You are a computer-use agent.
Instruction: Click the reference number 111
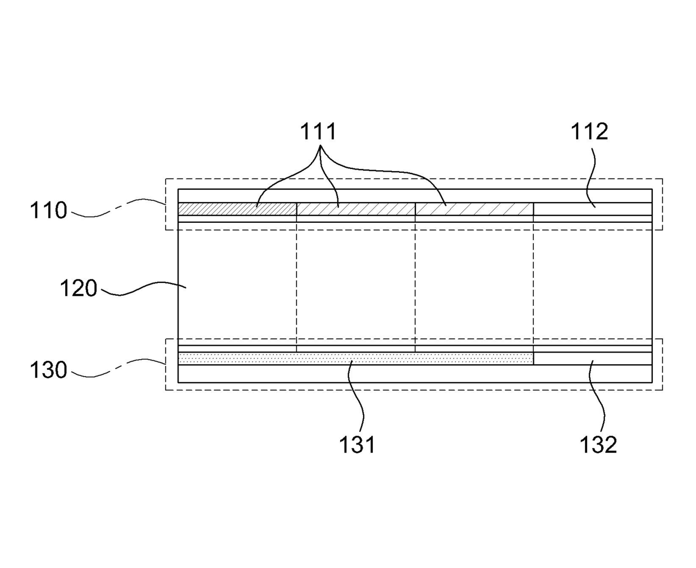point(318,131)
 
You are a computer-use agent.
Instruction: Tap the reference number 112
point(589,131)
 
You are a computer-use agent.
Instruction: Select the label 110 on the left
point(48,211)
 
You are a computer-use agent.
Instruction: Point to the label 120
point(79,288)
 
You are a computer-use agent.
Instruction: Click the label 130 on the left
point(48,370)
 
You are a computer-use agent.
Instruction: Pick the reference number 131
point(357,445)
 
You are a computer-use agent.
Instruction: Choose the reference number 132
point(598,445)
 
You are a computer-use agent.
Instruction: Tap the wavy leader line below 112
point(590,174)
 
